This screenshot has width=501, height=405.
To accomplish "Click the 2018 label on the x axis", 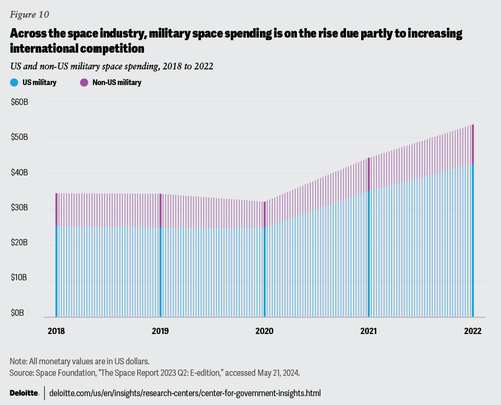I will click(x=56, y=331).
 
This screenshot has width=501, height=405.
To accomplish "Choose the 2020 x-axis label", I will click(x=265, y=331).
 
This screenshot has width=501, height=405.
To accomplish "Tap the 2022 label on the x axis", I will click(x=473, y=331).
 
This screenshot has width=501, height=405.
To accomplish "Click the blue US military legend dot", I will click(x=14, y=82).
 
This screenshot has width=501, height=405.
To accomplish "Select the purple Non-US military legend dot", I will click(x=83, y=82).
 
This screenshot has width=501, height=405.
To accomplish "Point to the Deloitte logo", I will click(x=24, y=393).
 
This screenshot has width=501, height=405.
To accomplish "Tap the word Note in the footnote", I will click(x=18, y=361).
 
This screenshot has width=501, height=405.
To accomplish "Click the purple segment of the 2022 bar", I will click(x=473, y=145).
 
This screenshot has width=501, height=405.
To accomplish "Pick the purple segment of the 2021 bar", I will click(x=369, y=174).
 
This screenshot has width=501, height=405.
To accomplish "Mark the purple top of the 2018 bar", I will click(x=56, y=209).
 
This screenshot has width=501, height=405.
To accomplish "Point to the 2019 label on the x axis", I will click(x=160, y=331).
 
